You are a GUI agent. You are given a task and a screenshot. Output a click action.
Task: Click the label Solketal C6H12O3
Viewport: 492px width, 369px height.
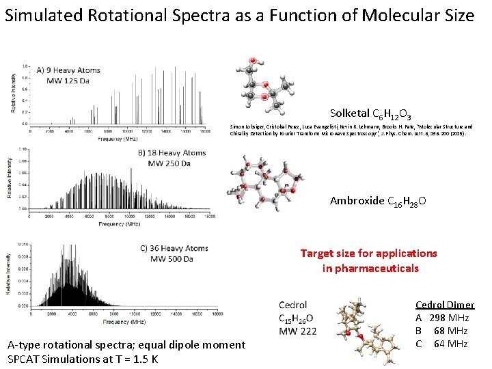pos(370,113)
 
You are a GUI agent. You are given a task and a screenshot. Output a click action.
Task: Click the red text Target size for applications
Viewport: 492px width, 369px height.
pos(368,253)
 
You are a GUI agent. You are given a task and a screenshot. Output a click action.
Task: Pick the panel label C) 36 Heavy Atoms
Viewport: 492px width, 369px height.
pos(174,248)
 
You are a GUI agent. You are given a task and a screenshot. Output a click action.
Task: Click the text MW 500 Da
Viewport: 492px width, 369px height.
pos(172,259)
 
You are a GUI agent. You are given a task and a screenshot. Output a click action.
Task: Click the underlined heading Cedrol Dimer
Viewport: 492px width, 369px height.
pos(445,305)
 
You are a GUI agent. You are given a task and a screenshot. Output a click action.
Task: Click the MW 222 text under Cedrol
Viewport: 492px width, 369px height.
pos(297,331)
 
